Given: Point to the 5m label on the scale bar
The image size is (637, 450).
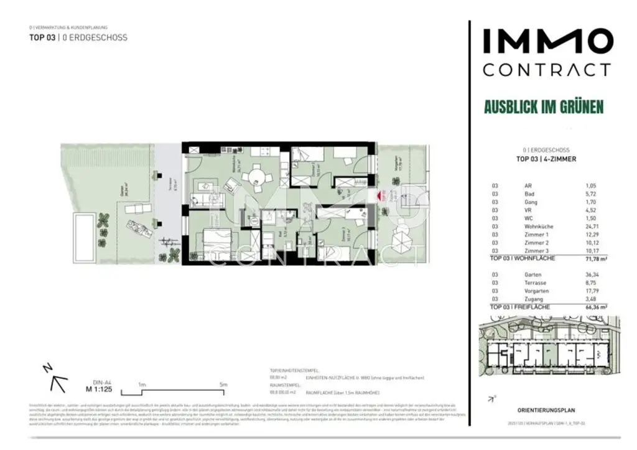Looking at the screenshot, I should (223, 385).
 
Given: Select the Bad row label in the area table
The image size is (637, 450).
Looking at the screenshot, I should (530, 194).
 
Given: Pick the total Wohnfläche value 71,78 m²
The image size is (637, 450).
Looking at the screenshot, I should (595, 258).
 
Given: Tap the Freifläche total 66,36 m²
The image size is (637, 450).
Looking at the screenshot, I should (595, 307).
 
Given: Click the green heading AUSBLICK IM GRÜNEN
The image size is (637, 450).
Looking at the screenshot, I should (544, 107).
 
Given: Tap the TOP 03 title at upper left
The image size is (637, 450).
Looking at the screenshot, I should (42, 37).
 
